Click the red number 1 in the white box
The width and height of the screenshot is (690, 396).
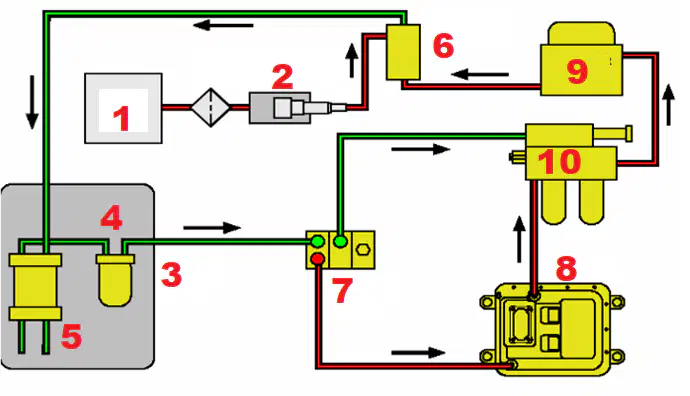(122, 118)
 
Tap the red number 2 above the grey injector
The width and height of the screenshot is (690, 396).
(283, 77)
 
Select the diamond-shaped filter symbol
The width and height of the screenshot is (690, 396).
(210, 107)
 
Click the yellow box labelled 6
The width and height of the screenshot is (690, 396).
(403, 52)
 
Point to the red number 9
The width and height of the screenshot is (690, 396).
(577, 71)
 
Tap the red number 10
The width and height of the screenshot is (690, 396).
(559, 161)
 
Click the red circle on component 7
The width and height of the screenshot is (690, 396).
(317, 258)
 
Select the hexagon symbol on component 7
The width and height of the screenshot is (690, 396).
(363, 249)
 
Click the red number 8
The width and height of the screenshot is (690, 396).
(566, 268)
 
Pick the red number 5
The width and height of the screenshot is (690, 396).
(71, 337)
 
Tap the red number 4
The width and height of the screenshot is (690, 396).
(111, 218)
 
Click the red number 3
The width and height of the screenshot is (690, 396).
(171, 275)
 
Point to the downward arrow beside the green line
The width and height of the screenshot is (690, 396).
(32, 102)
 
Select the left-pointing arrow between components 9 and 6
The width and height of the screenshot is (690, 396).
(480, 74)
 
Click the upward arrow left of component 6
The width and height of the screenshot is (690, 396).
(352, 60)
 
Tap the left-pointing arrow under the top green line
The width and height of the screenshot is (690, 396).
(223, 25)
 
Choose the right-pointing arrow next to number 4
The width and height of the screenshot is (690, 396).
(212, 228)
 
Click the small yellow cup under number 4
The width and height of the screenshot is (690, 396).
(115, 280)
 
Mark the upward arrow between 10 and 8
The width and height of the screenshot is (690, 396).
(520, 239)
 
